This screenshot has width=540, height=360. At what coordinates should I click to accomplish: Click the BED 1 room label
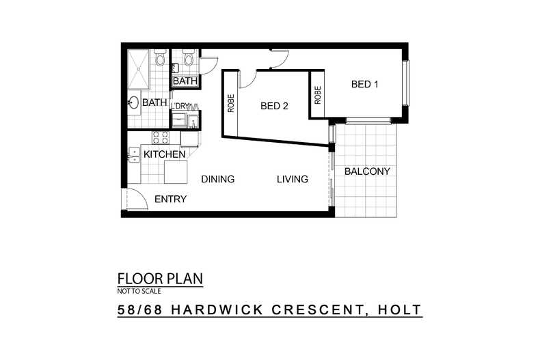[364, 85]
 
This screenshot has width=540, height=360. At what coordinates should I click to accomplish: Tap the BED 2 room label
[274, 106]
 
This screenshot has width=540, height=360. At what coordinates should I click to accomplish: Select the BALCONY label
[367, 171]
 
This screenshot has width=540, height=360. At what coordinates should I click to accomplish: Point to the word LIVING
[292, 180]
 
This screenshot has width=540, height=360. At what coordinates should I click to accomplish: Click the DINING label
[217, 180]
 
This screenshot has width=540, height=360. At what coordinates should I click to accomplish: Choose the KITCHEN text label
[164, 155]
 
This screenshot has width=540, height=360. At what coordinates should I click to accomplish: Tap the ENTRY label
[170, 199]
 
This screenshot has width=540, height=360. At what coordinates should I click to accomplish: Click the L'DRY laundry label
[179, 107]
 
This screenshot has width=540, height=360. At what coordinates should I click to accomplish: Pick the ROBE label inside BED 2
[231, 102]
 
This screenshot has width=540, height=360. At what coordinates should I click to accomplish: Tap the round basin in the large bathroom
[134, 103]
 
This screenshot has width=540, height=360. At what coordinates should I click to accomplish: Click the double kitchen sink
[133, 156]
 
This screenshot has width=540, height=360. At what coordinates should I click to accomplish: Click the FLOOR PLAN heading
[160, 279]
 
